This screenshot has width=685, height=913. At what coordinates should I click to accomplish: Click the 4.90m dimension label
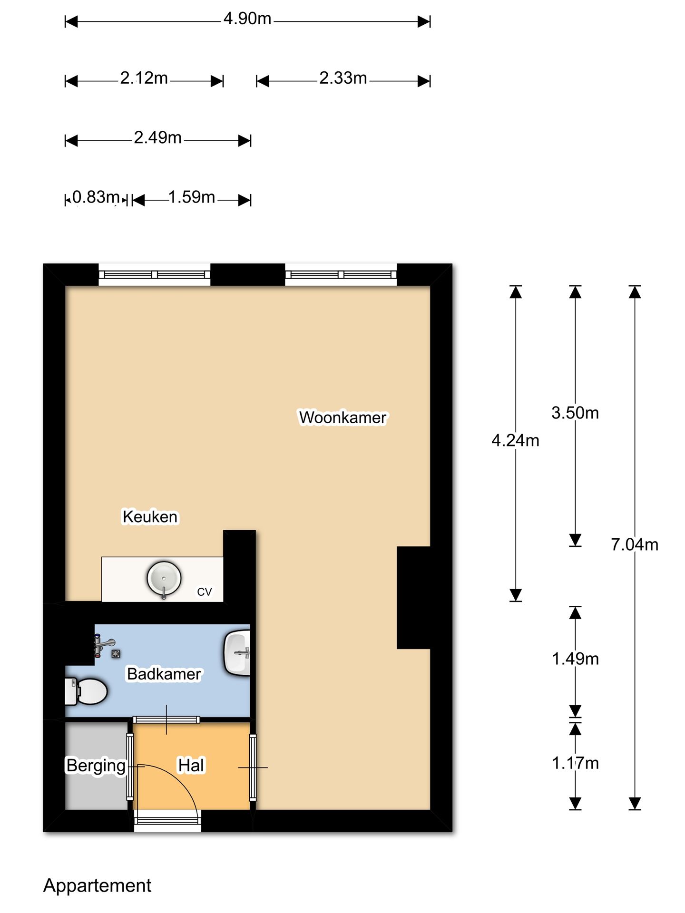(x=247, y=19)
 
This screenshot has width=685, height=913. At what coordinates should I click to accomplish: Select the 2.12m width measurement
(x=144, y=78)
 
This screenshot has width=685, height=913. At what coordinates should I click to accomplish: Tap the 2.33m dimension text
(x=343, y=78)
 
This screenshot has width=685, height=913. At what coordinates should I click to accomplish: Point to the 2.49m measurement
(x=157, y=137)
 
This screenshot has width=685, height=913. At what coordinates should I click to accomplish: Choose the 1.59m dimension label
(x=192, y=197)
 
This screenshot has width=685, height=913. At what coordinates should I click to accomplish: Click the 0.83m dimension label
(x=96, y=197)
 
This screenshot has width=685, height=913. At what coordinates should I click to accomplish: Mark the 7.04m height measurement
(x=635, y=544)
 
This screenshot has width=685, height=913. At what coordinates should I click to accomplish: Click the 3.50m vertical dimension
(x=575, y=413)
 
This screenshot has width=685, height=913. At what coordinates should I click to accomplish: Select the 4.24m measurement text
(x=516, y=440)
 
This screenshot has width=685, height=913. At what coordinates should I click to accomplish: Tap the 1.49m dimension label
(x=575, y=659)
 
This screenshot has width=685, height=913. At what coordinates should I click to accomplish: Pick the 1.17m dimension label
(x=575, y=763)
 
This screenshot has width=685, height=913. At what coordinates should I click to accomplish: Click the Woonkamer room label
(x=342, y=418)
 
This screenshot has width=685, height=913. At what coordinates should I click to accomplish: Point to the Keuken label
(x=150, y=516)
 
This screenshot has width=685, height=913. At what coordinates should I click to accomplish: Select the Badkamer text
(x=164, y=674)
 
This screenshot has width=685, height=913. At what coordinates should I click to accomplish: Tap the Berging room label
(x=96, y=766)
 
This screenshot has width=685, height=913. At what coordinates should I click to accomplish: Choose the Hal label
(x=191, y=765)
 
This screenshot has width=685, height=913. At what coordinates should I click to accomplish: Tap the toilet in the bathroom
(x=86, y=691)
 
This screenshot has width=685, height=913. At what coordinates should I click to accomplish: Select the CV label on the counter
(x=205, y=592)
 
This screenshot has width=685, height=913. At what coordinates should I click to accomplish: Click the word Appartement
(x=97, y=885)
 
